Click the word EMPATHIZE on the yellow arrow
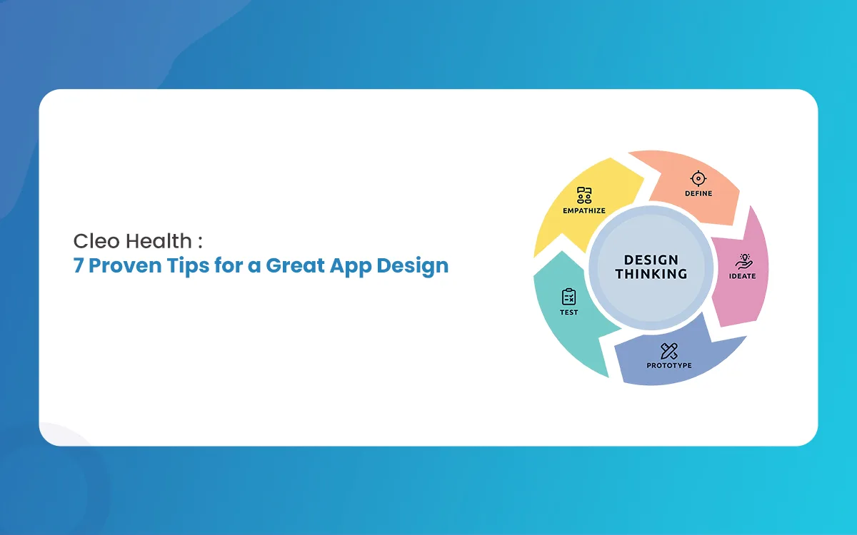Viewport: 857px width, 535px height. click(x=584, y=210)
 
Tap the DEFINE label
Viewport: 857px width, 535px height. click(x=698, y=193)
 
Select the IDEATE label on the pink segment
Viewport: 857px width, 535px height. click(x=742, y=276)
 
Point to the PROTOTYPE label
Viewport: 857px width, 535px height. click(x=669, y=365)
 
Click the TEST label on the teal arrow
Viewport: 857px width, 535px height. click(x=569, y=312)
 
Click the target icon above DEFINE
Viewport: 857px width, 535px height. click(x=698, y=178)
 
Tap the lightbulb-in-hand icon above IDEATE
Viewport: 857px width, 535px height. click(x=743, y=261)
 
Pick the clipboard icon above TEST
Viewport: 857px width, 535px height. click(x=569, y=297)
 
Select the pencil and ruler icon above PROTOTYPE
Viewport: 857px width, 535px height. click(x=669, y=351)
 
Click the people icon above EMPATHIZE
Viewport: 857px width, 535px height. click(x=584, y=195)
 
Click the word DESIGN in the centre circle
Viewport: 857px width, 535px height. click(x=651, y=260)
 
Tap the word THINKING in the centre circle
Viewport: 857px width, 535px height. click(x=651, y=274)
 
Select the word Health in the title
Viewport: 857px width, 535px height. click(x=159, y=241)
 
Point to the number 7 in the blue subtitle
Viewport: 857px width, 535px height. click(x=78, y=265)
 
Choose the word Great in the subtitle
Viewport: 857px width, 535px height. click(x=295, y=265)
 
